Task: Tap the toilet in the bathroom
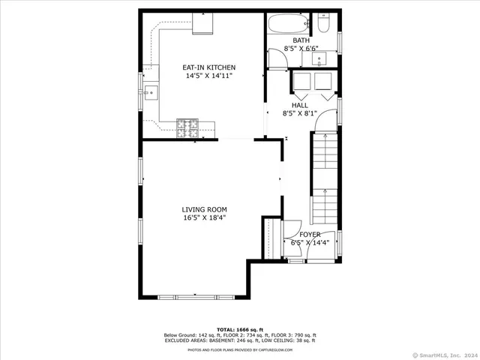tap(324, 24)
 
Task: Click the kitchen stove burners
tap(186, 128)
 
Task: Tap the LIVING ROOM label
tap(204, 209)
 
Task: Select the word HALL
tap(300, 106)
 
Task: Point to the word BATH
tap(301, 40)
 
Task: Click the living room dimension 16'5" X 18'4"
tap(204, 218)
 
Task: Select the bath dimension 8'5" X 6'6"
tap(301, 49)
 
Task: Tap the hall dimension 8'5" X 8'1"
tap(300, 114)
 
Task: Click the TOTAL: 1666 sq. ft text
tap(240, 329)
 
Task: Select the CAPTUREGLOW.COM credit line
tap(240, 349)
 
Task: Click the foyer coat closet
tap(269, 238)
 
